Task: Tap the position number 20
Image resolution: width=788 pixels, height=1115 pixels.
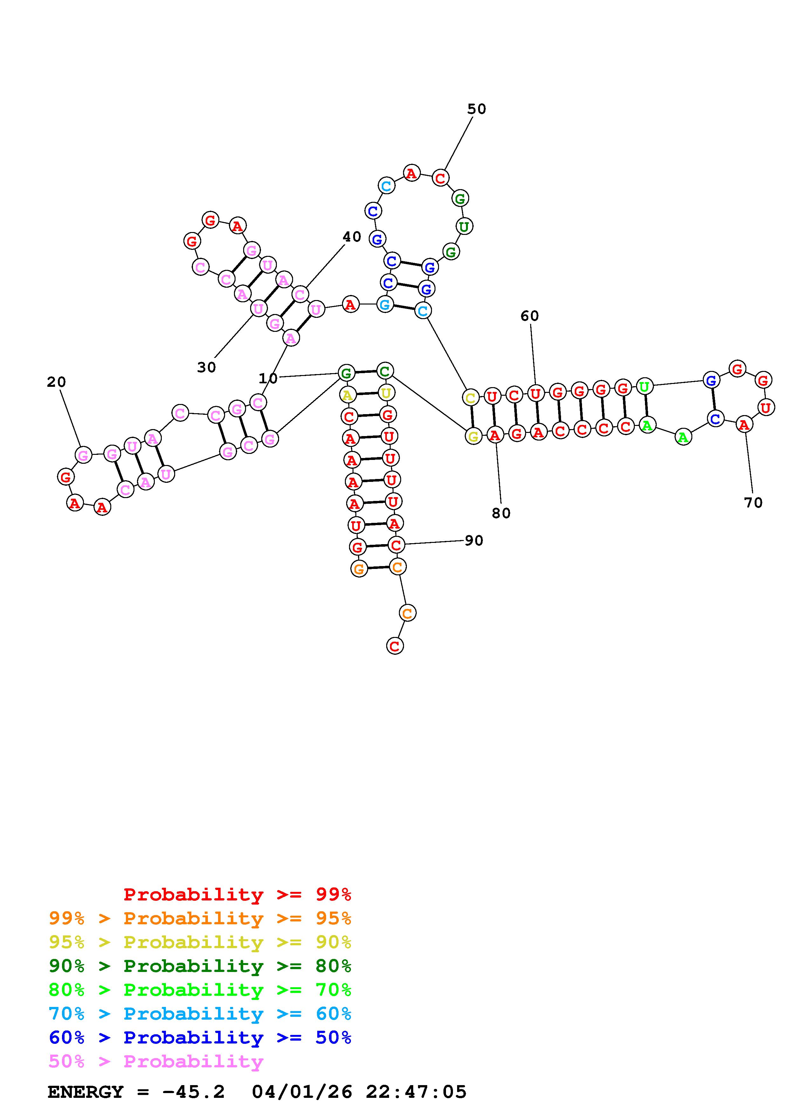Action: (x=56, y=382)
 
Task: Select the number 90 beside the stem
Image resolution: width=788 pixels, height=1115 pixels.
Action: (x=474, y=541)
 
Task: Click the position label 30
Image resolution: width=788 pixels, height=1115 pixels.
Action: (x=206, y=368)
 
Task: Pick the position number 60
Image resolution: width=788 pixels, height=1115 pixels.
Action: (x=530, y=316)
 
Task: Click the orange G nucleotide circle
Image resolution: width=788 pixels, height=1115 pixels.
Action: (x=359, y=569)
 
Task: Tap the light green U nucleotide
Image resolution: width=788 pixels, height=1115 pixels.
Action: (x=644, y=387)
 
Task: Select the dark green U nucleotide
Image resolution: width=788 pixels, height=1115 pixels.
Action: (x=464, y=226)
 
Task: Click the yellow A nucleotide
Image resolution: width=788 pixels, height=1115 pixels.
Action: (x=347, y=395)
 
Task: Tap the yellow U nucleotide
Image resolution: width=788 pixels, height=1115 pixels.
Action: (x=386, y=393)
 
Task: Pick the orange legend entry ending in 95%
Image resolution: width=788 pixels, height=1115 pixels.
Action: (x=200, y=918)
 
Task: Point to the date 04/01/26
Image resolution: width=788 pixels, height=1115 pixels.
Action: (x=302, y=1092)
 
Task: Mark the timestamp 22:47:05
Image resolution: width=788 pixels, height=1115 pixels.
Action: (x=416, y=1092)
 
